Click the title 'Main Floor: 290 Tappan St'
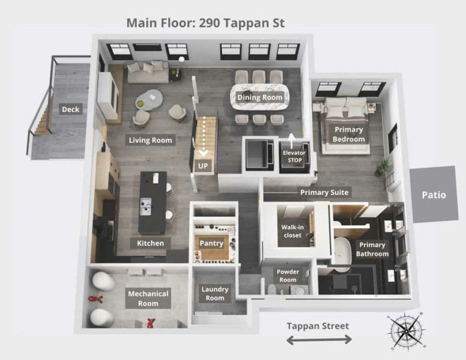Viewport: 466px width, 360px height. [205, 23]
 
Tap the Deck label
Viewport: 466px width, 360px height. [70, 109]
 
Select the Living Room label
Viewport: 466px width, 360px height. [150, 140]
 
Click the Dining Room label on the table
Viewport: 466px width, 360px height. [259, 98]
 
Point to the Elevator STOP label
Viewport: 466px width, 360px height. [294, 157]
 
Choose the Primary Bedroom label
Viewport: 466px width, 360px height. [349, 134]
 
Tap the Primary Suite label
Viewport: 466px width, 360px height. [324, 193]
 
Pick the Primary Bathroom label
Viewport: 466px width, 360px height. [372, 249]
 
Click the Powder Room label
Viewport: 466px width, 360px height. [288, 275]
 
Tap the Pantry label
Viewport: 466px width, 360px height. [211, 243]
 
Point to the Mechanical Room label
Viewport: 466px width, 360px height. [148, 298]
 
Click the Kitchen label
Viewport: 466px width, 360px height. [150, 243]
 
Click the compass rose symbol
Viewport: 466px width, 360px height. [405, 331]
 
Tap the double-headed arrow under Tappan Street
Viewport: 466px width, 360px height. [318, 340]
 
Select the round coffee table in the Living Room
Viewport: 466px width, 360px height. [148, 97]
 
